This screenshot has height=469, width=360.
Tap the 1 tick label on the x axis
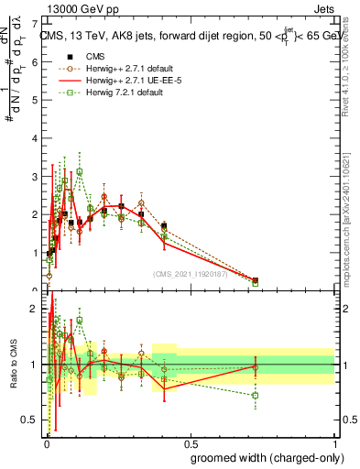333,442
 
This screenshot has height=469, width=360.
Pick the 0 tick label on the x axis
47,442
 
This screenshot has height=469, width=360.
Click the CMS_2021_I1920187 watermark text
190,272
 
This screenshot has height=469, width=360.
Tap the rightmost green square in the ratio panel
256,396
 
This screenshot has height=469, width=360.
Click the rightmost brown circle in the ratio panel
256,367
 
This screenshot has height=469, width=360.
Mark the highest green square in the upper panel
80,171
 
